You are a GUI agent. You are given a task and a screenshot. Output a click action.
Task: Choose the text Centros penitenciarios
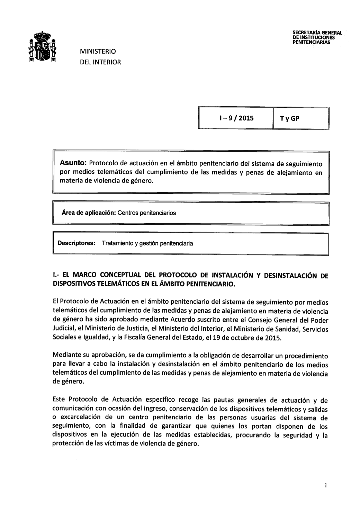147,213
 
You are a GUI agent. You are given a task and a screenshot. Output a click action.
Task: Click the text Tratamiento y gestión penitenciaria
147,243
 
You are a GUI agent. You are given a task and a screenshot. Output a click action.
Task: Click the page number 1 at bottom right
326,485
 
